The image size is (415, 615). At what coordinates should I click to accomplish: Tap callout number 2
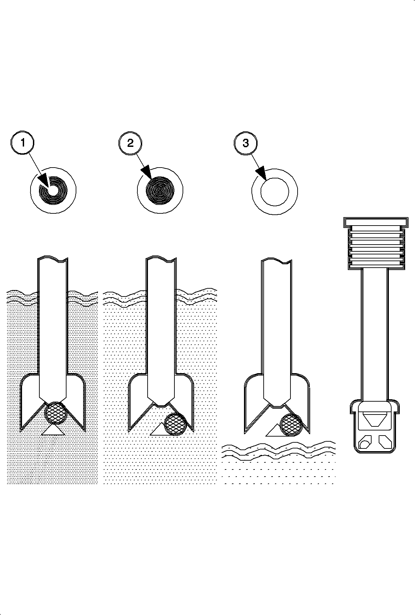(x=130, y=143)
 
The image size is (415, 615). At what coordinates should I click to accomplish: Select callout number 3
(x=246, y=143)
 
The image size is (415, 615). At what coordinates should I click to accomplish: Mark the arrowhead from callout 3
(x=262, y=173)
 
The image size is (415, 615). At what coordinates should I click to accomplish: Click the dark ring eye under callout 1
(x=53, y=190)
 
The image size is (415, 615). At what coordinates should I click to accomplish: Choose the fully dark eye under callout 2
(x=160, y=190)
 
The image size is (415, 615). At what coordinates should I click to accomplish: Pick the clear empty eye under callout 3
(x=275, y=191)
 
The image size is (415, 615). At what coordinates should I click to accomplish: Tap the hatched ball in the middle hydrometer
(x=175, y=424)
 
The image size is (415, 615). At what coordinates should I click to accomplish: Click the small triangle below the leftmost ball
(x=53, y=429)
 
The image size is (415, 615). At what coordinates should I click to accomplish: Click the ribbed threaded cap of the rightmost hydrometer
(x=376, y=243)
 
